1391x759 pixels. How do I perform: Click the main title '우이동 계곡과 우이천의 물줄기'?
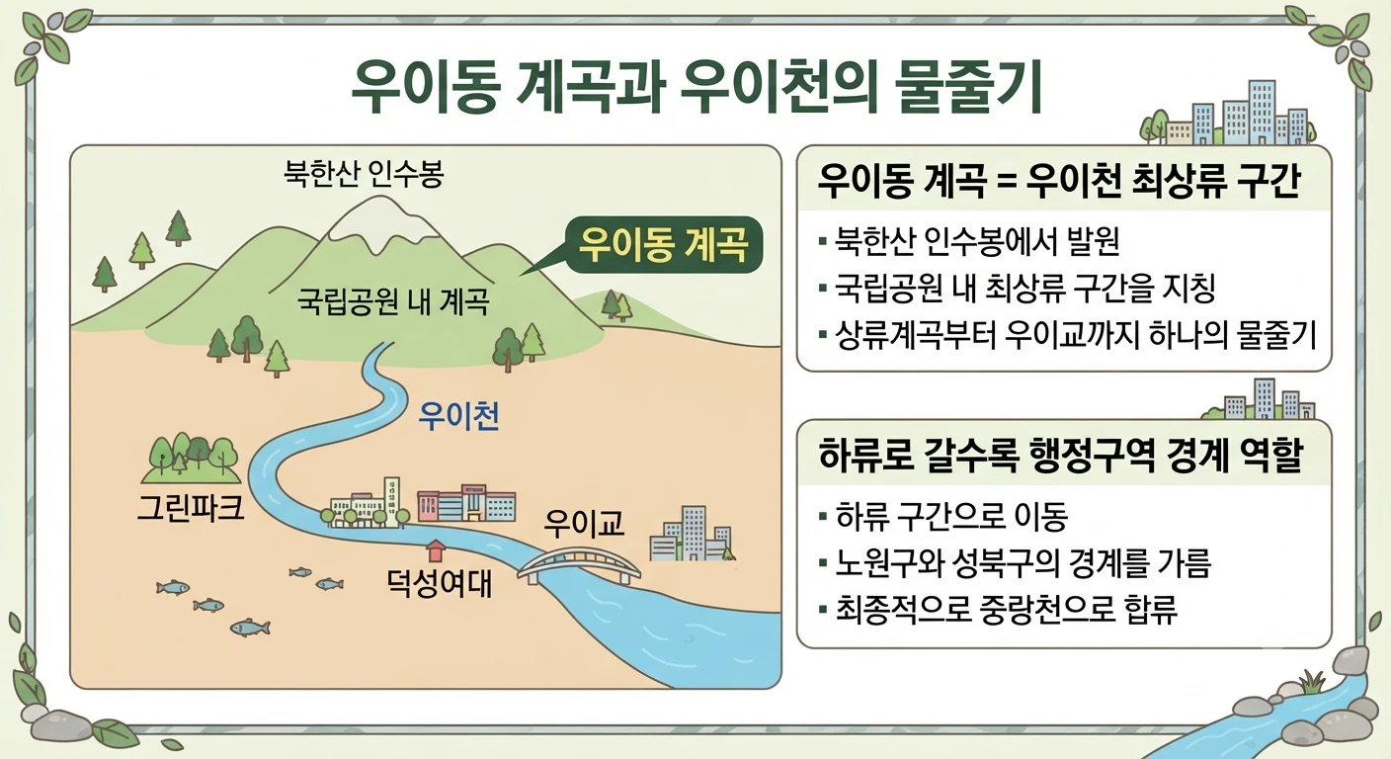pos(696,87)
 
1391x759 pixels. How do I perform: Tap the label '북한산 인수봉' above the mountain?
pos(364,173)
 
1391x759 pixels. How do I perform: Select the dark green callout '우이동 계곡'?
pos(663,245)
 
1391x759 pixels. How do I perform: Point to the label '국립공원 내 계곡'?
pos(393,301)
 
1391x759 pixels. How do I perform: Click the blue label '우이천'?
pos(459,416)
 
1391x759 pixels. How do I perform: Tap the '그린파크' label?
pos(191,507)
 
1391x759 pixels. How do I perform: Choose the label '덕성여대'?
pos(439,583)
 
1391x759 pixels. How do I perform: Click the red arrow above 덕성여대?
pos(437,550)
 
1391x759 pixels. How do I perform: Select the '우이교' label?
pos(584,523)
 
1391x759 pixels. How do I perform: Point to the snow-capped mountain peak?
pos(380,220)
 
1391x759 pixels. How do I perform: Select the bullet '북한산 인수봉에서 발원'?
pos(975,241)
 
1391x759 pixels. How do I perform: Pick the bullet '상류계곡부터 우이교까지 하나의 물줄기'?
pos(1068,335)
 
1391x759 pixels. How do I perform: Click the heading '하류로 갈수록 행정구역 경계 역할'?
pos(1059,455)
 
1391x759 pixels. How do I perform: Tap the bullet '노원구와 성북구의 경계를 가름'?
pos(1016,562)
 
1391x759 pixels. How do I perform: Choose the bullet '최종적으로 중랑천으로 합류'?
pos(998,610)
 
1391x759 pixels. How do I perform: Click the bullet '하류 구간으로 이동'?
pos(943,516)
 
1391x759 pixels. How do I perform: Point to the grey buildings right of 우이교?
pos(691,534)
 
